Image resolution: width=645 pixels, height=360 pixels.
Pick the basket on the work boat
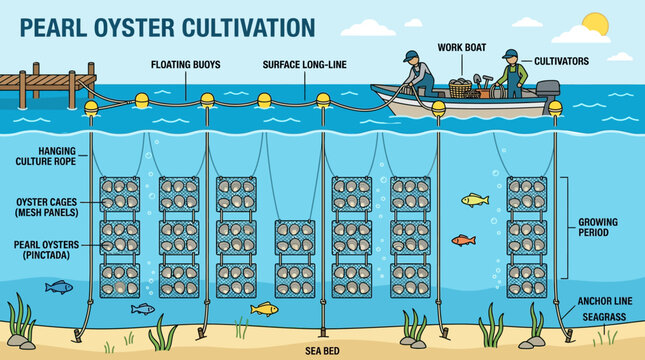point(460,89)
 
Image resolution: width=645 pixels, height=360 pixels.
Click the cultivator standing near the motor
point(512,75)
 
